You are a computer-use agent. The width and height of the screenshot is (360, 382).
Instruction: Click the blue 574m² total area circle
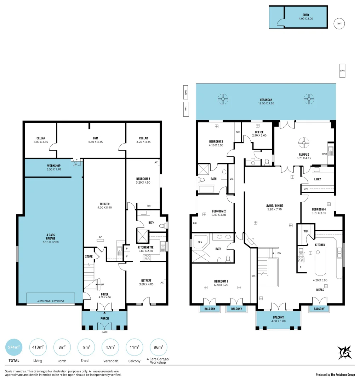point(14,348)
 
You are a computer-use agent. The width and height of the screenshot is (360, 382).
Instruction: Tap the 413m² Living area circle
point(38,348)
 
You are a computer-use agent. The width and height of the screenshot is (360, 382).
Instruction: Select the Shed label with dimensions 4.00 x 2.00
point(305,17)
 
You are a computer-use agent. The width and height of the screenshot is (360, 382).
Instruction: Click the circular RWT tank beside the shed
point(339,24)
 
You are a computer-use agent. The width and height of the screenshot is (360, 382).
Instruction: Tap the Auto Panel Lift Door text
point(51,302)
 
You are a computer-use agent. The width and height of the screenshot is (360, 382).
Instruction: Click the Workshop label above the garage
point(54,167)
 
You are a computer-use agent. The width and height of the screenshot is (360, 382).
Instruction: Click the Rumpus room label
point(303,156)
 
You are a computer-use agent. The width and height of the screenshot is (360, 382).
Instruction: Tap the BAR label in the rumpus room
point(324,154)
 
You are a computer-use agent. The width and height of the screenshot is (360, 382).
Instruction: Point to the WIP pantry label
point(305,231)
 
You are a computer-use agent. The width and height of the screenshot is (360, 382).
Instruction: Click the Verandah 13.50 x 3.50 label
point(266,102)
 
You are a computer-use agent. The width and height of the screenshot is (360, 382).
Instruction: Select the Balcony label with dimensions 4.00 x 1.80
point(279,319)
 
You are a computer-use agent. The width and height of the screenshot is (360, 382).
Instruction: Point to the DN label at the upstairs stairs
point(279,253)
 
